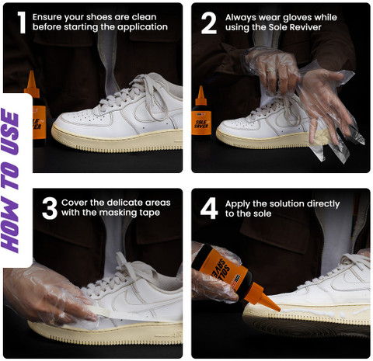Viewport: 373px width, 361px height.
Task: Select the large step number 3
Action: (x=50, y=208)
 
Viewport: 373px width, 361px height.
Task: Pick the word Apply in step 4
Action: (x=238, y=204)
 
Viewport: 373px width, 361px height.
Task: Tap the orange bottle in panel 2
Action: (x=201, y=116)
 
